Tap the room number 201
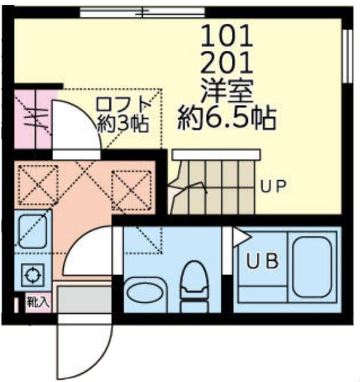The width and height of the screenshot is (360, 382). point(226,63)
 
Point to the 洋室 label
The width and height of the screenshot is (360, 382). point(226,91)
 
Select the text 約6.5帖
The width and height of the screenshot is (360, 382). point(226,119)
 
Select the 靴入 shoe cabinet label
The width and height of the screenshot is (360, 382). point(38,302)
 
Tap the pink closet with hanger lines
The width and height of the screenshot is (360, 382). point(33,117)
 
